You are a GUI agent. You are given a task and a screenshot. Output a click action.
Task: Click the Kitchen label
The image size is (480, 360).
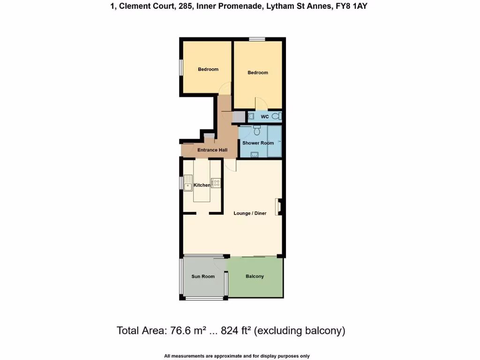(x=202, y=185)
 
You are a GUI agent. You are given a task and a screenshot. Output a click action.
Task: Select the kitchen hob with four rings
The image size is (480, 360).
(x=216, y=183)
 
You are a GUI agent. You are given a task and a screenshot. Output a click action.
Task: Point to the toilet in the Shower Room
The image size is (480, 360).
(x=256, y=128)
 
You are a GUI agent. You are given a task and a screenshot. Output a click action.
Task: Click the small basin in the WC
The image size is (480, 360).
(x=251, y=116)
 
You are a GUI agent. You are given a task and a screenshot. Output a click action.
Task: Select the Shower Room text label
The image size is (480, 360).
(x=258, y=143)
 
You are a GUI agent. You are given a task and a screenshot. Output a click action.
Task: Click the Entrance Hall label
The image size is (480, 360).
(x=212, y=150)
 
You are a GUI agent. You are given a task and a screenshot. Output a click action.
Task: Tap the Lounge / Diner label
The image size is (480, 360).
(x=250, y=213)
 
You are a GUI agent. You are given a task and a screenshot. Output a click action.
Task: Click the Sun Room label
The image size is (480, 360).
(x=203, y=277)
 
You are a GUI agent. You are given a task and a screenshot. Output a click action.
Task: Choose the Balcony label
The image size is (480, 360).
(x=255, y=277)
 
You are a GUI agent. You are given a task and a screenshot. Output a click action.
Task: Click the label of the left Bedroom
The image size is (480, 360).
(x=208, y=69)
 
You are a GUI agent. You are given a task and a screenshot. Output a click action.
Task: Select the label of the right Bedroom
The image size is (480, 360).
(x=258, y=73)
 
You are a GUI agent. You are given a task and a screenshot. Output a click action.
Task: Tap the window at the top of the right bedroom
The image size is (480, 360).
(x=257, y=39)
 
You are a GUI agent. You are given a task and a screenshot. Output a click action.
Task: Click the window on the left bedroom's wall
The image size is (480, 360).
(x=181, y=67)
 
